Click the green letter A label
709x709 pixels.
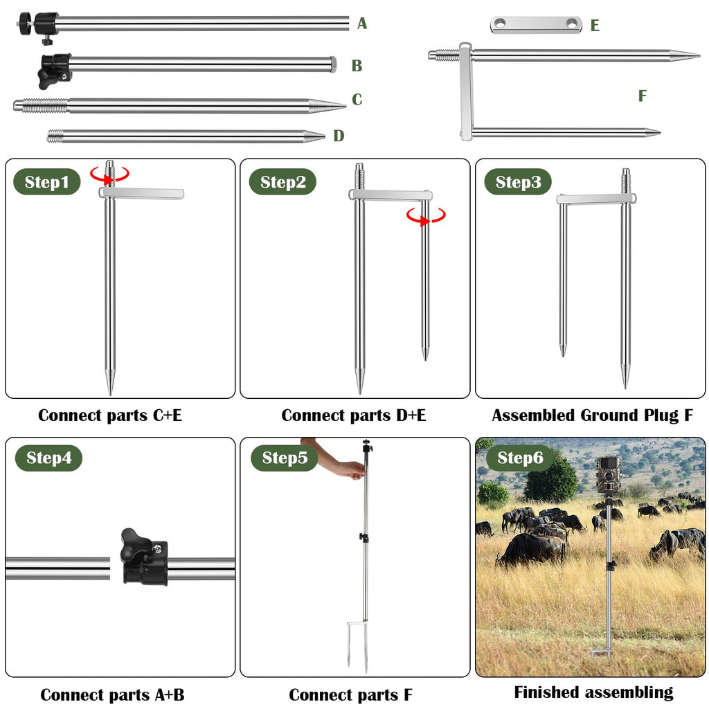361,23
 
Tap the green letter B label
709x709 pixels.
357,66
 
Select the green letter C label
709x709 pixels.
357,100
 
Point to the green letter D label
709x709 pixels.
339,136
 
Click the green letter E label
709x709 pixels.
595,26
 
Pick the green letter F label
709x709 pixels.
642,96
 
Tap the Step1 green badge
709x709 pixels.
46,182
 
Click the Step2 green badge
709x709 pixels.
282,182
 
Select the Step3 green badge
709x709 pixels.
518,182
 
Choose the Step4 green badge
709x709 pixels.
49,458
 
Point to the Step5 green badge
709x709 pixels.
285,458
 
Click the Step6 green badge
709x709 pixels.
520,458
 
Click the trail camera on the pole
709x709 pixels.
609,476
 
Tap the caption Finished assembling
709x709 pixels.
593,692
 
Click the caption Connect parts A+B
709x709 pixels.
112,694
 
